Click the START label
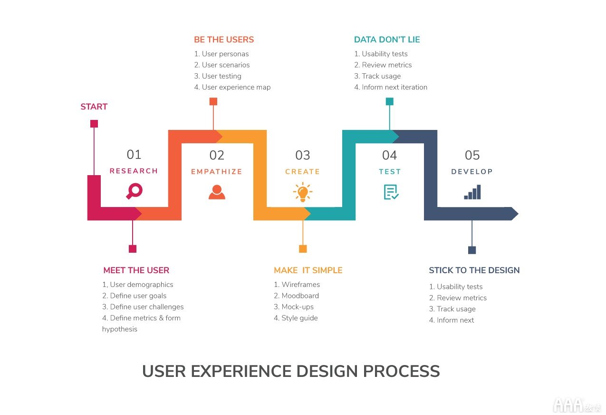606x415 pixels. pos(94,107)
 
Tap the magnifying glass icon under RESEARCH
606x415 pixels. pos(134,191)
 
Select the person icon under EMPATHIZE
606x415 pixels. pos(217,192)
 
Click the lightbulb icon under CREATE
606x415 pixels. pos(303,192)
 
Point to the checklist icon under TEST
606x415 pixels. pos(391,192)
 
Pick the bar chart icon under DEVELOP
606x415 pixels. pos(472,192)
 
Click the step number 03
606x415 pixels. pos(302,155)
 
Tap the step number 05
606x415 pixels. pos(472,155)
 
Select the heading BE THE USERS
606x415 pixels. pos(224,40)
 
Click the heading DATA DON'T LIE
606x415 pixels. pos(387,40)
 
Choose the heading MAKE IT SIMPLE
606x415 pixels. pos(308,270)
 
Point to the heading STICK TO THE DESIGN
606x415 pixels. pos(474,270)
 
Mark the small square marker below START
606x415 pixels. pos(94,124)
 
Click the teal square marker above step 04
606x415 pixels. pos(389,101)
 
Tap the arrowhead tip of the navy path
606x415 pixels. pos(518,214)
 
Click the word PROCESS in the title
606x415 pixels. pos(401,371)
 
